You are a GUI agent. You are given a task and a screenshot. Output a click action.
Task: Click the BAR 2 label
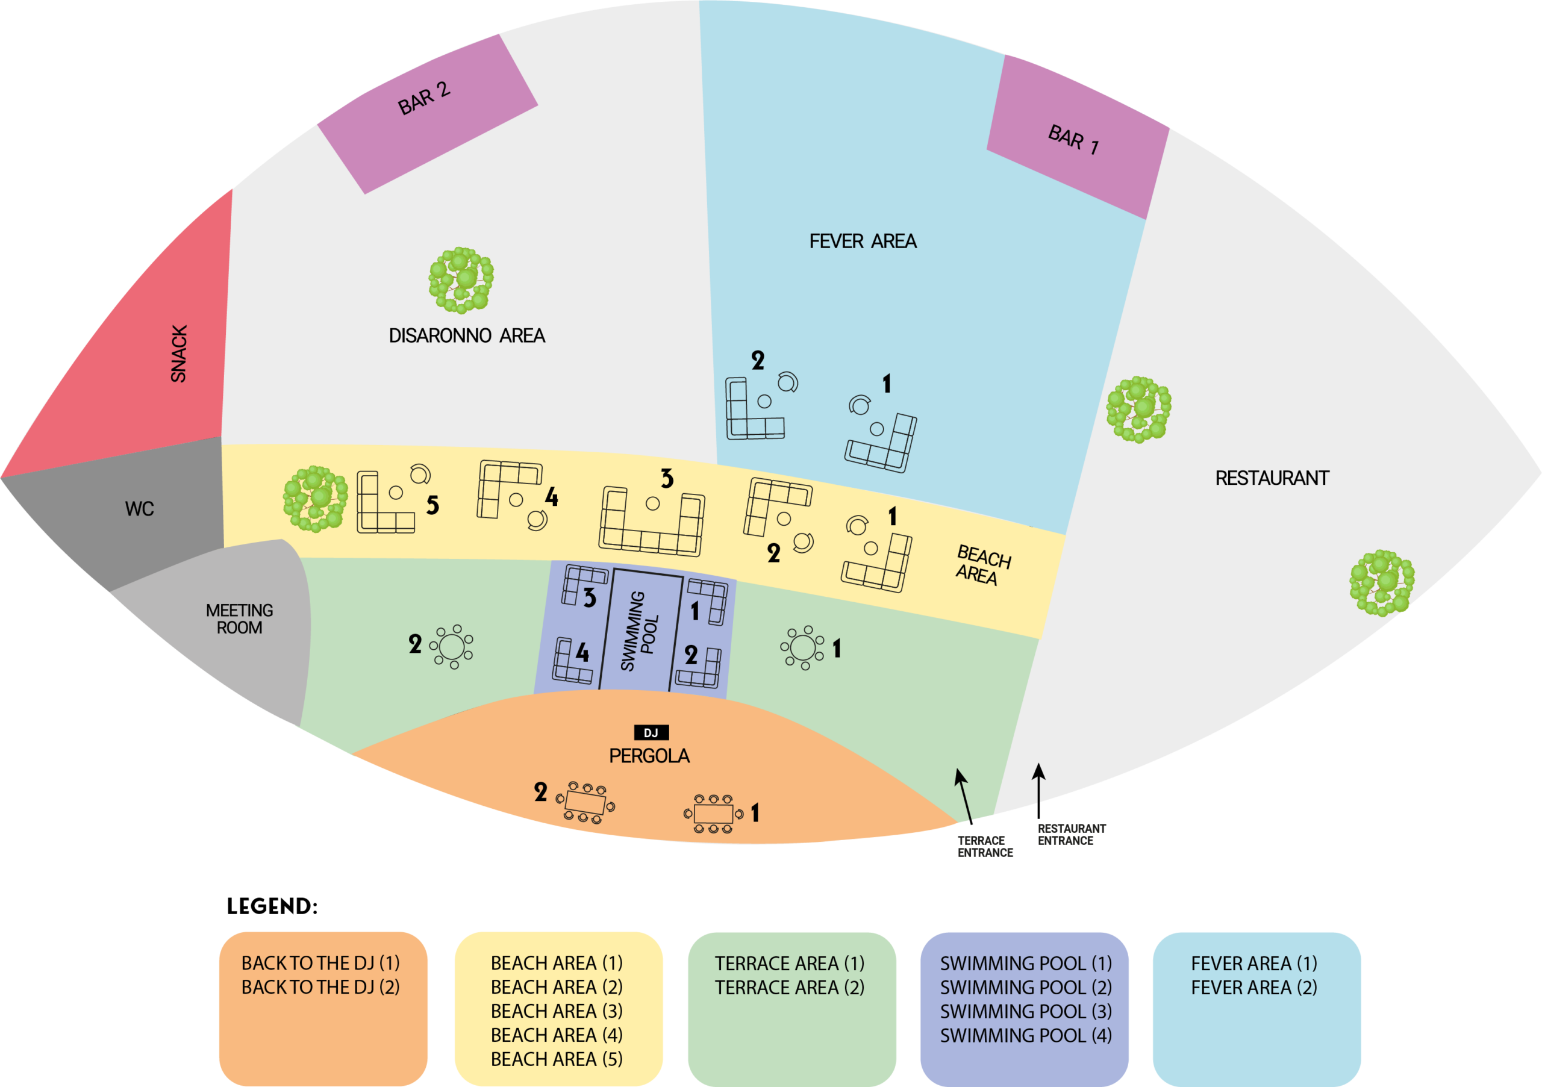coord(424,99)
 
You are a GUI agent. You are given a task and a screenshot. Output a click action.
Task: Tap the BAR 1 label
coord(1073,139)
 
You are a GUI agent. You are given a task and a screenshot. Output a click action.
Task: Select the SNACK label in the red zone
coord(179,354)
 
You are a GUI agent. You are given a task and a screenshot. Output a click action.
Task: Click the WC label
coord(140,509)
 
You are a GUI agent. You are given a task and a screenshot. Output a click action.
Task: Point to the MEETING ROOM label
coord(239,619)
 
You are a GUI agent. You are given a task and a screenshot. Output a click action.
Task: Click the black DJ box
coord(651,732)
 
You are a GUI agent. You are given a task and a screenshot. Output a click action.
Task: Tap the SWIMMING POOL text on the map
coord(640,631)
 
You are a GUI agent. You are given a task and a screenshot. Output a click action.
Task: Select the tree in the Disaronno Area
coord(461,279)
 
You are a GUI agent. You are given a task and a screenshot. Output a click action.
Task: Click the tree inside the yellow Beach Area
coord(315,499)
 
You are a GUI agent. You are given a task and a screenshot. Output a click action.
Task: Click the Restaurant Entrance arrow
coord(1039,783)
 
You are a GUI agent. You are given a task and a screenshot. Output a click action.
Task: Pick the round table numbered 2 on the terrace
coord(452,647)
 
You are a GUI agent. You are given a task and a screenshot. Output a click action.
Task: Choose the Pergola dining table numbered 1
coord(713,814)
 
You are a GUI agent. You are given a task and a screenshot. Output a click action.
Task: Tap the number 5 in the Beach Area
coord(432,505)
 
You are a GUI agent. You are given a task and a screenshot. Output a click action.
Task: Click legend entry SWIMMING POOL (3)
coord(1026,1011)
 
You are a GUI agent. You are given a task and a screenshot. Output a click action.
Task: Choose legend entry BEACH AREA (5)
coord(556,1059)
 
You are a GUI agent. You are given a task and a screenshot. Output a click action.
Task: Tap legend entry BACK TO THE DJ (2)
coord(320,987)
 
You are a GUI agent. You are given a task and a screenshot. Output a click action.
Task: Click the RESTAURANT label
coord(1272,478)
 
